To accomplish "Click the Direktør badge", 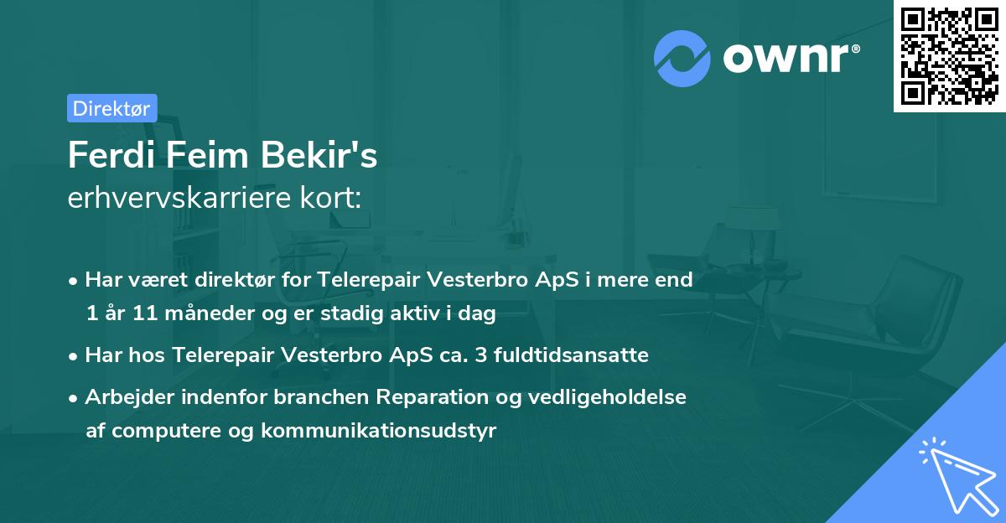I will coord(111,108).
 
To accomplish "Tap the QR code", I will coord(949,55).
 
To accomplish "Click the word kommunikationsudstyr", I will coord(379,431).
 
